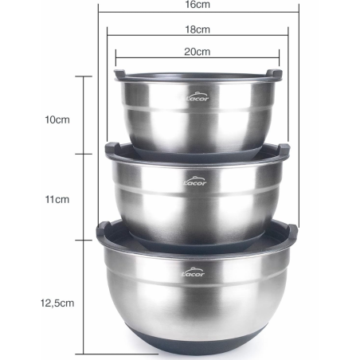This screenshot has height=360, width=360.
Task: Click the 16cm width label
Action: coord(198,6)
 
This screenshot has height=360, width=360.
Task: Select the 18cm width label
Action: coord(198,29)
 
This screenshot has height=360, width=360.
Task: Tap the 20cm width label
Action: coord(198,52)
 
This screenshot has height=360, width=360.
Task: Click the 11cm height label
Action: coord(57,202)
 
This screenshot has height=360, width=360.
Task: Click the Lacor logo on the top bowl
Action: coord(195,100)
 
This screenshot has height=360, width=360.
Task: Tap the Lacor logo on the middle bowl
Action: coord(195,181)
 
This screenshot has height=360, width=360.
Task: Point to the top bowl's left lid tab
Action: coord(119,74)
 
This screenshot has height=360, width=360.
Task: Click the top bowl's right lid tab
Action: coord(275,74)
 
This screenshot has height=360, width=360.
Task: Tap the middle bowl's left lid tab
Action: coord(112,149)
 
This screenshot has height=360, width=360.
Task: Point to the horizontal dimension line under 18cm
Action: coord(198,36)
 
